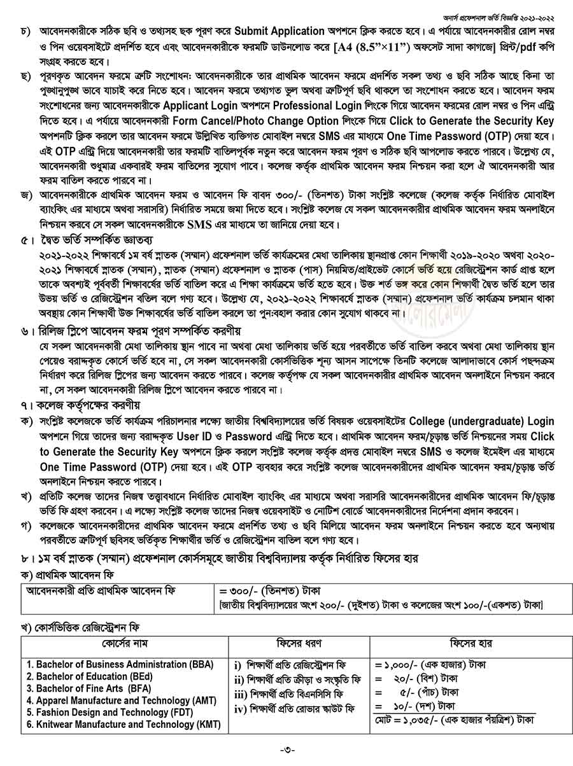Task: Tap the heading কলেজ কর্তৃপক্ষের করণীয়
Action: point(87,405)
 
